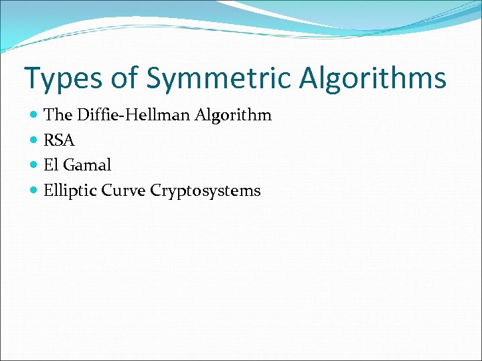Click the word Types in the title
[64, 78]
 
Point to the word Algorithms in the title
[372, 78]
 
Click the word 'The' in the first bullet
[58, 115]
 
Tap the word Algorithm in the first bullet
[233, 116]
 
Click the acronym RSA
[59, 140]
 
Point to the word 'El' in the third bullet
[51, 165]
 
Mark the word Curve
[124, 191]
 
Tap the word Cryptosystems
[206, 191]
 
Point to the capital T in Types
[33, 78]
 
